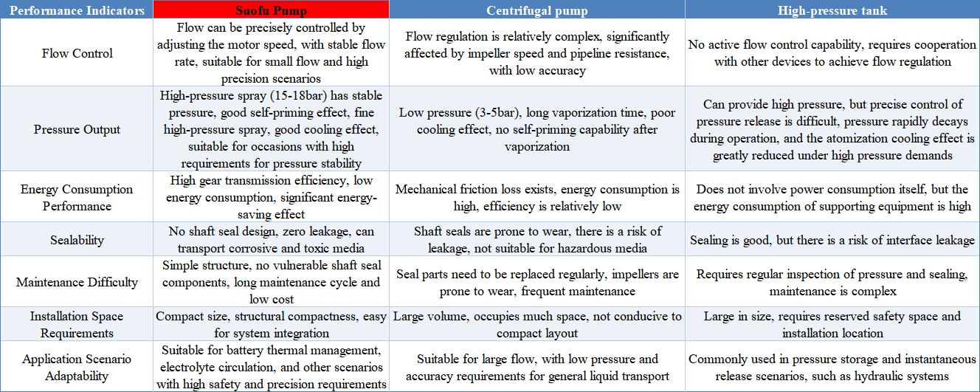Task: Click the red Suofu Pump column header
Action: (272, 10)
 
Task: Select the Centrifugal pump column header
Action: (536, 10)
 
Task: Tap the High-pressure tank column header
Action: (832, 10)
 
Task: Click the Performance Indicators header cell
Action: (77, 10)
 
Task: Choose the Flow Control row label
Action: (77, 53)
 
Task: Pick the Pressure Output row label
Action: (77, 129)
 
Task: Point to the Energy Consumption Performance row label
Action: (77, 197)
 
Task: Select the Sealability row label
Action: (77, 240)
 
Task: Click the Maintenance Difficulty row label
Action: (77, 282)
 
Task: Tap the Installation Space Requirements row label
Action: (77, 324)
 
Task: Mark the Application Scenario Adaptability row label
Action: (77, 367)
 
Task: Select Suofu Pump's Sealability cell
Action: (272, 240)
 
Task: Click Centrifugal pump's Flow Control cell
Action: (536, 53)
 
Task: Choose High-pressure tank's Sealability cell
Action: (832, 240)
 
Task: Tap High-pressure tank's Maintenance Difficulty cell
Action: (832, 282)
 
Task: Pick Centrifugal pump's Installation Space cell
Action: (536, 324)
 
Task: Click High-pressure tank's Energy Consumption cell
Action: (832, 197)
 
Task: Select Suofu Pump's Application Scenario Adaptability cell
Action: (272, 367)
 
